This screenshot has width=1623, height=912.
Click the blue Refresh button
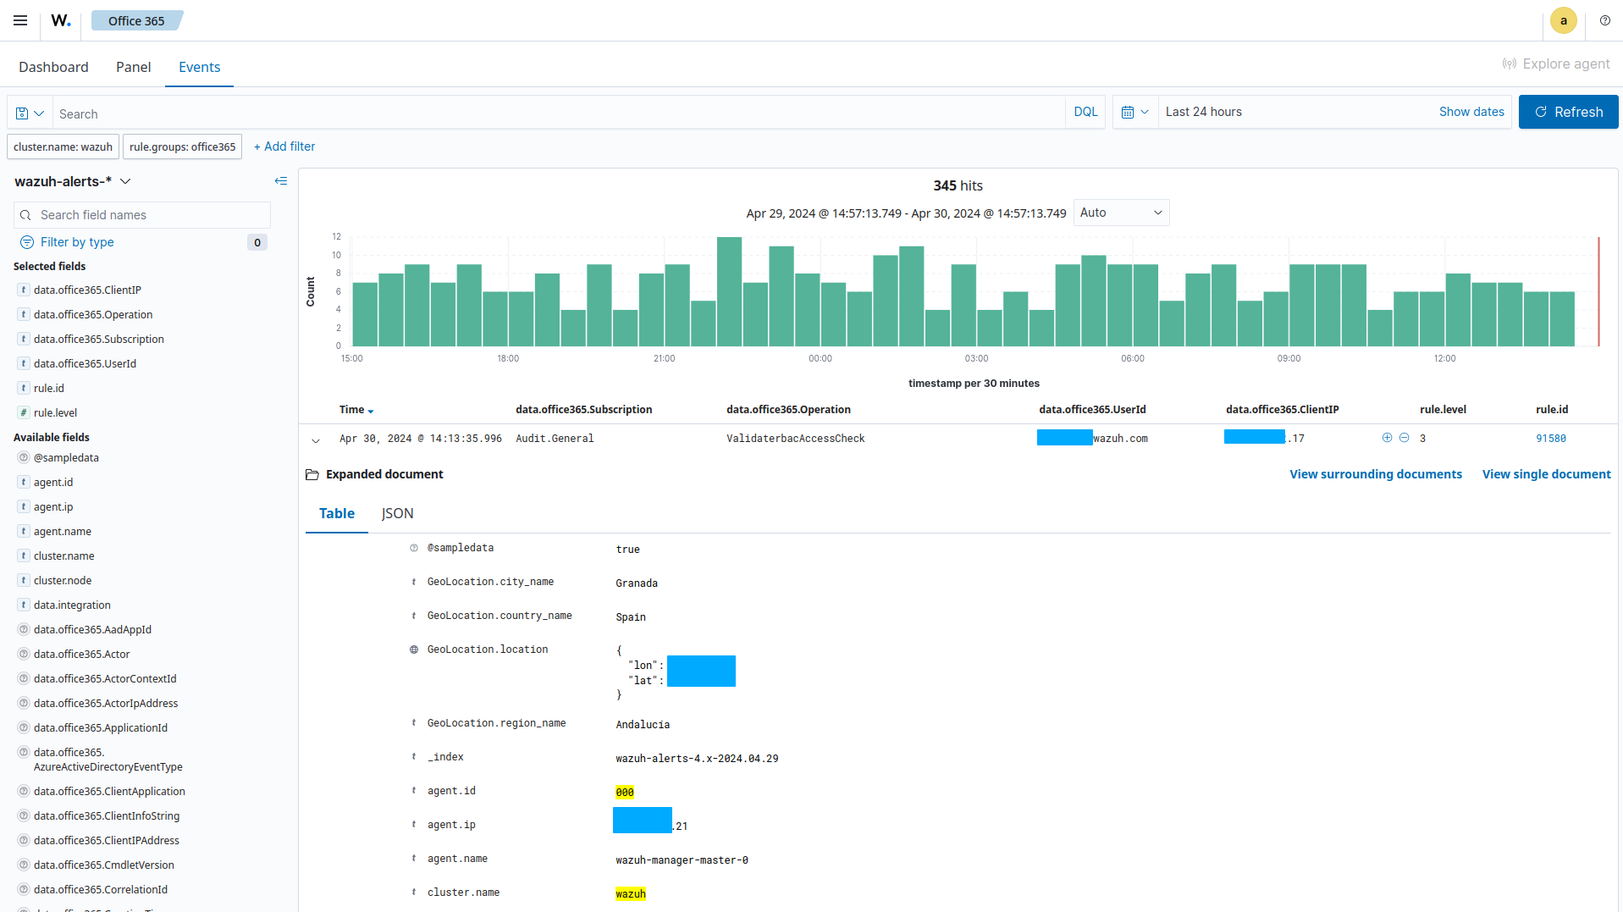point(1568,112)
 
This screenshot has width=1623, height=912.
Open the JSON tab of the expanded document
point(397,513)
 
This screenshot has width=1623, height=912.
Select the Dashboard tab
point(53,67)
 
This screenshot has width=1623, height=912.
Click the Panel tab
point(133,67)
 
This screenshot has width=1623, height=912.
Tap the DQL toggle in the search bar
point(1085,112)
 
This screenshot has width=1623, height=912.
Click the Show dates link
point(1471,112)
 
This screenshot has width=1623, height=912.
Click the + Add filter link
point(284,146)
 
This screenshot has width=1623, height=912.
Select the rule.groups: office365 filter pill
point(182,146)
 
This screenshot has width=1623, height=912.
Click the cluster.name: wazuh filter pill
point(63,146)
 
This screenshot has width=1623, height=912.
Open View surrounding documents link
point(1375,474)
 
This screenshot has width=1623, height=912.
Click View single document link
point(1546,474)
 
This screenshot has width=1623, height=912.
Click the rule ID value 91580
point(1550,439)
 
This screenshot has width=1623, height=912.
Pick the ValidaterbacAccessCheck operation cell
point(795,439)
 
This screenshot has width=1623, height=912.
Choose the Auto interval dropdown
point(1120,213)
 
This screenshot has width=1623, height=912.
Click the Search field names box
point(142,215)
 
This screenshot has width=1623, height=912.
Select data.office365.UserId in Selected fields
point(85,363)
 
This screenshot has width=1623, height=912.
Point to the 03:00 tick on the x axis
point(976,358)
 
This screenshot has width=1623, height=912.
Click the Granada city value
point(636,583)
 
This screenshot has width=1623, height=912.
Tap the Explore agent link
point(1555,64)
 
